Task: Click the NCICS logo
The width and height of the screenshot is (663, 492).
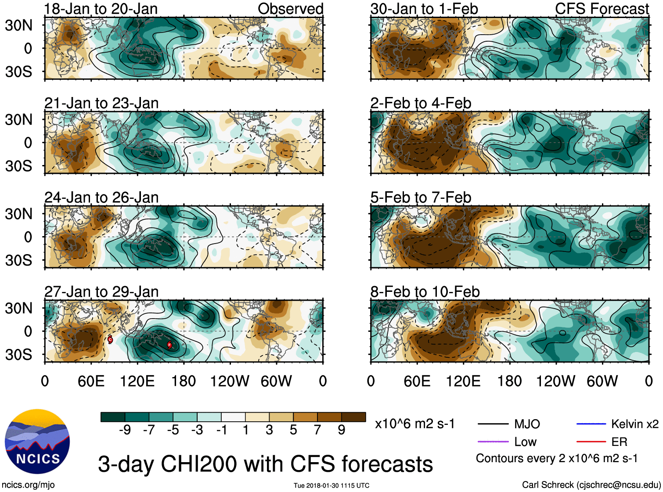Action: click(x=37, y=441)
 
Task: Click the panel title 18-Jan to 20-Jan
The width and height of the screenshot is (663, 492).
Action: click(x=101, y=9)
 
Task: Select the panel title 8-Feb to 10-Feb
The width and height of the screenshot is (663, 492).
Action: click(x=425, y=292)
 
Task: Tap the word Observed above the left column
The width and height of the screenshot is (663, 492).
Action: click(x=290, y=9)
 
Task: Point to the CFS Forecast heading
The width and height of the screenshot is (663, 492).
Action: click(x=602, y=9)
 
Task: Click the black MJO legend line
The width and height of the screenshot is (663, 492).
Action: click(x=493, y=424)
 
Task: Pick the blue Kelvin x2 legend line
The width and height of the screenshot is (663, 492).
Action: click(x=591, y=424)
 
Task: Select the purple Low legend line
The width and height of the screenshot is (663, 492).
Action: click(x=493, y=442)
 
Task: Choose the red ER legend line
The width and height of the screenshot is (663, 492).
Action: click(x=591, y=442)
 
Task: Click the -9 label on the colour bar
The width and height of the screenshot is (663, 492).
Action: click(x=125, y=430)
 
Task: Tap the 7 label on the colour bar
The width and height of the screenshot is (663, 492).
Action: click(x=317, y=430)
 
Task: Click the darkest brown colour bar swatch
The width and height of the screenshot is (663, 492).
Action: click(x=353, y=417)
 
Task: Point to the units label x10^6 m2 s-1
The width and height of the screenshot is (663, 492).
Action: click(x=414, y=424)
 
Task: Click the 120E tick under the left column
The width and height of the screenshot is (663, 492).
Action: click(x=137, y=381)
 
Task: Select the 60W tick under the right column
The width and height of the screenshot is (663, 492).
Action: click(x=602, y=381)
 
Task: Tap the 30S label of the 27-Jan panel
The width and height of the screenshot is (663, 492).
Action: click(x=18, y=355)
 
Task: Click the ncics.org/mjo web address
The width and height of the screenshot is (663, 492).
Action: click(x=28, y=485)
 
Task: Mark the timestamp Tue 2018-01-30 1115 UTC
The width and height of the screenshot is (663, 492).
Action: click(x=331, y=485)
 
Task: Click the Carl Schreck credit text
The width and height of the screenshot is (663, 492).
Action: click(x=591, y=485)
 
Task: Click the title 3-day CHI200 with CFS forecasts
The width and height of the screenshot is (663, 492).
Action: click(x=265, y=464)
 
